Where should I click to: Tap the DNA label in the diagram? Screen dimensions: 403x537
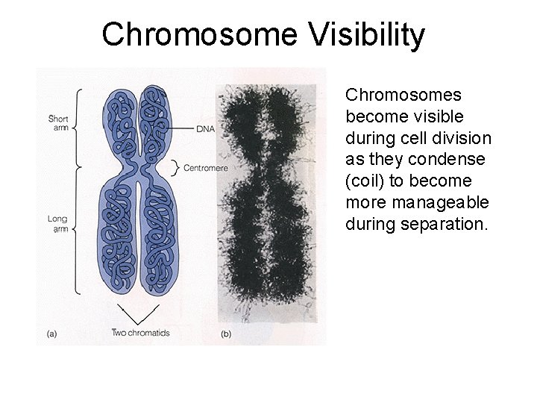pos(205,128)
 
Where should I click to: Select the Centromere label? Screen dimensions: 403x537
pos(205,168)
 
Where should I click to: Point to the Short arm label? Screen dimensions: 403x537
pos(58,123)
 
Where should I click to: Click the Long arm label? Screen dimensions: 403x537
pos(57,224)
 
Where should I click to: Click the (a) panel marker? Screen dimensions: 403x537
pos(51,334)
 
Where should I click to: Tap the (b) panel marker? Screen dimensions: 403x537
pos(225,334)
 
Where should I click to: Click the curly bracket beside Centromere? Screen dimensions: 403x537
pos(176,167)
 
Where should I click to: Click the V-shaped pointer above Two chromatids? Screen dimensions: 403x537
pos(139,313)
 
